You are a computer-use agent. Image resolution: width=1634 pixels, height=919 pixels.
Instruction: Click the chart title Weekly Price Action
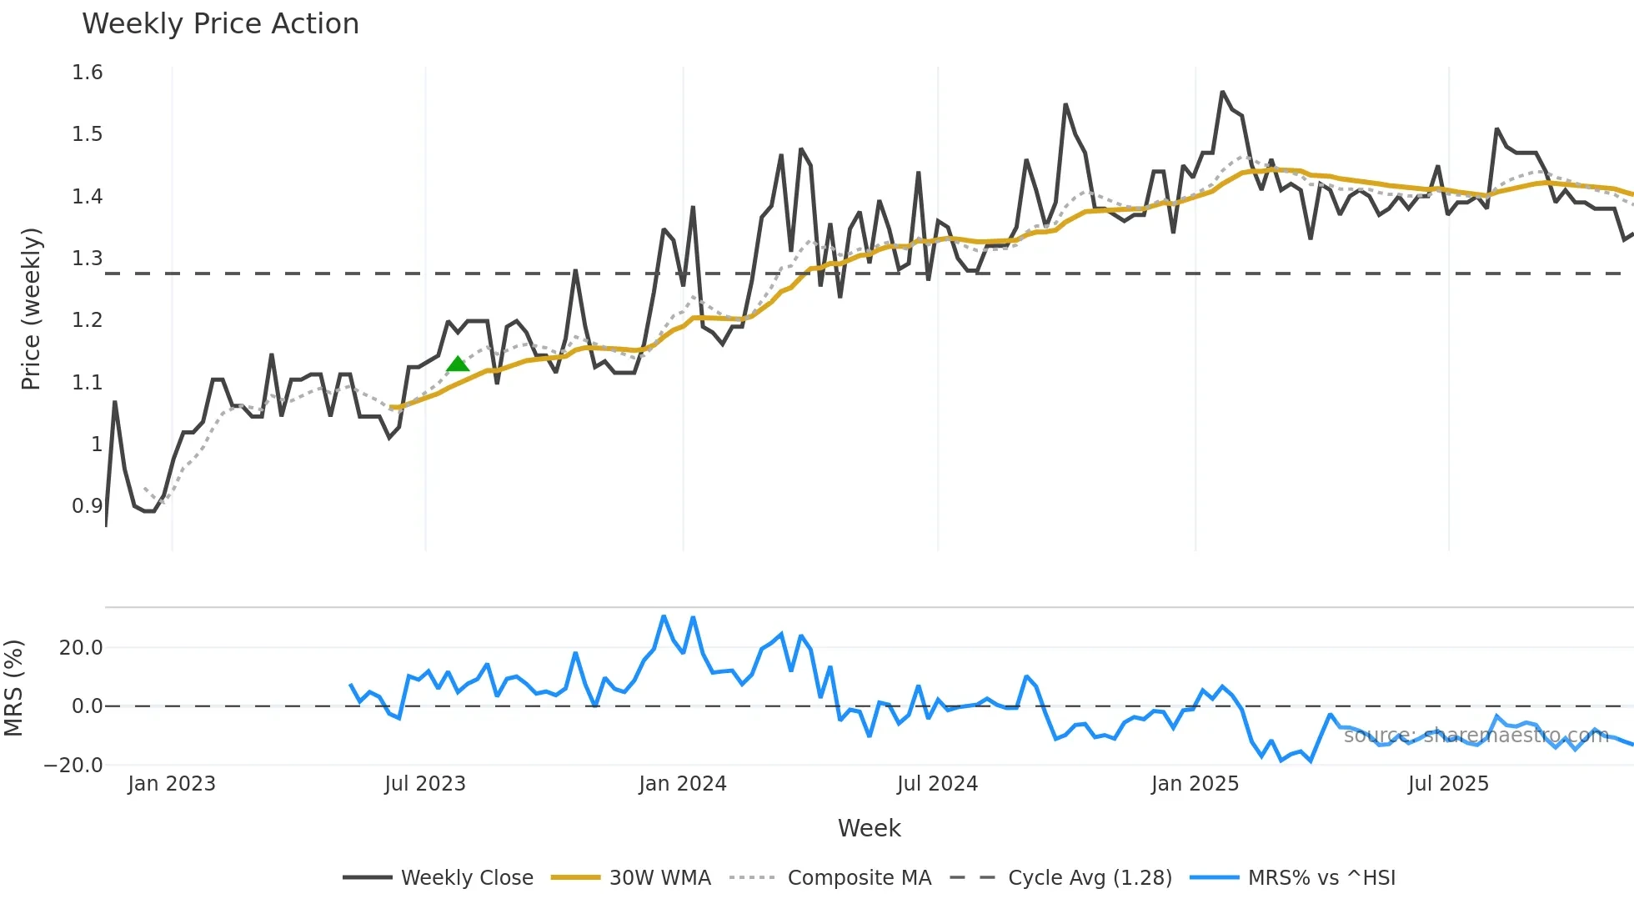tap(220, 24)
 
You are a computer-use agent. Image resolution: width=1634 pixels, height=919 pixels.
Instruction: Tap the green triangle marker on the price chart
tap(458, 364)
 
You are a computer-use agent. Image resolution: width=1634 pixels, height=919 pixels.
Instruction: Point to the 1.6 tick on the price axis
tap(88, 73)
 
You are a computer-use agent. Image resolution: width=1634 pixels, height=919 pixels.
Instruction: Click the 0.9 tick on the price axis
tap(88, 506)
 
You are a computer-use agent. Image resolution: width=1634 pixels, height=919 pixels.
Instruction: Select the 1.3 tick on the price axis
tap(88, 259)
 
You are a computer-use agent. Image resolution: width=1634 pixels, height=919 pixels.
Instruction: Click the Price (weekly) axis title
tap(31, 309)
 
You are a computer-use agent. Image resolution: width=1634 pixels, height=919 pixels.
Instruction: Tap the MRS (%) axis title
tap(14, 688)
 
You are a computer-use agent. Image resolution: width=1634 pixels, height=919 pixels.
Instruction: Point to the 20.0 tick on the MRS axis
tap(81, 648)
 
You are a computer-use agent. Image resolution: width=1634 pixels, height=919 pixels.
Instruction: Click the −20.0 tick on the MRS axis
tap(73, 766)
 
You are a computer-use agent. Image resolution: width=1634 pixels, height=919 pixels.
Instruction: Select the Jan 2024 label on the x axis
tap(683, 784)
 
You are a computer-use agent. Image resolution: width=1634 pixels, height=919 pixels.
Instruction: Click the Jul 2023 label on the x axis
tap(425, 784)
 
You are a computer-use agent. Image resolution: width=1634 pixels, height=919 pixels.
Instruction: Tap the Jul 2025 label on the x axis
tap(1448, 784)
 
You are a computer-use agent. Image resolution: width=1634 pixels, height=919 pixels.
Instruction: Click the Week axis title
tap(869, 828)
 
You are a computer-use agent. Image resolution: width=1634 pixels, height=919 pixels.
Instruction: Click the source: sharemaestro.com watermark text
tap(1476, 736)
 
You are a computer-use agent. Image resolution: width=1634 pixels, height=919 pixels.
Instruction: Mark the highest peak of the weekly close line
tap(1223, 92)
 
